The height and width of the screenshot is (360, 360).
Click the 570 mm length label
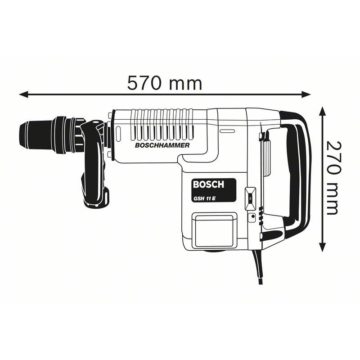(164, 83)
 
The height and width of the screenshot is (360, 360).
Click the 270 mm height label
(333, 177)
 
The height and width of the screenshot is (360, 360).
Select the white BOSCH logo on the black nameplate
(208, 184)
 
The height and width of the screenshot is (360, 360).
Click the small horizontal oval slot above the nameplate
(227, 131)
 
